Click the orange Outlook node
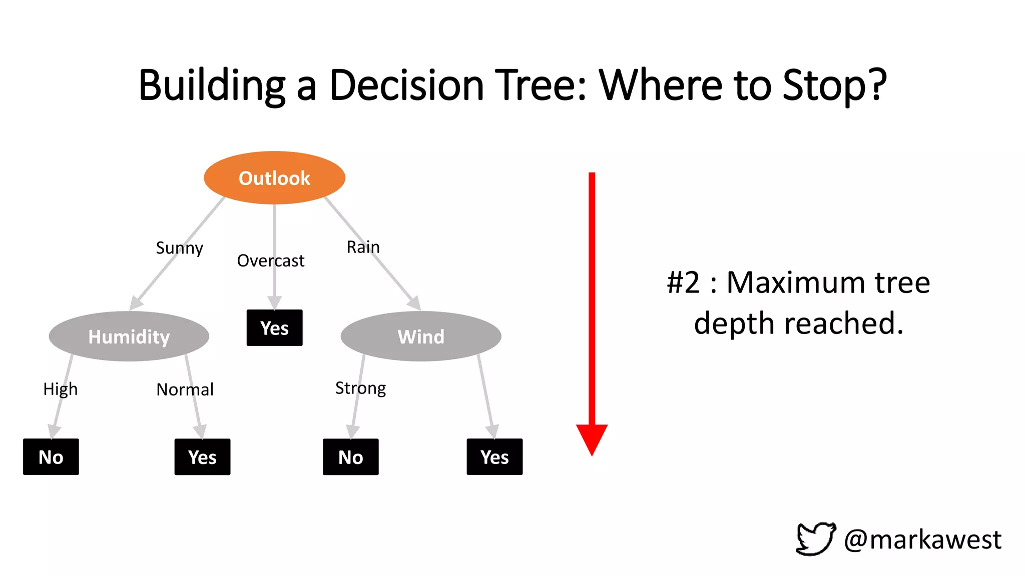point(274,178)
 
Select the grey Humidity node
point(129,336)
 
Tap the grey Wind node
point(421,336)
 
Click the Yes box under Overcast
point(274,328)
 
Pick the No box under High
point(51,457)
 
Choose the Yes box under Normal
point(202,457)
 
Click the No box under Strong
point(350,457)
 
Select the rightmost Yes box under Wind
point(494,457)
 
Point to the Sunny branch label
point(179,248)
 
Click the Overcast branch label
point(270,260)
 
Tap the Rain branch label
point(363,247)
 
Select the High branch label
point(60,389)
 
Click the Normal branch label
point(185,389)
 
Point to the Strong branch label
point(360,388)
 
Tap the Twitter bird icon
point(816,539)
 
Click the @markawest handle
point(922,539)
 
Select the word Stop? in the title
point(834,85)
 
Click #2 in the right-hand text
point(683,282)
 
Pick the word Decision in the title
point(406,85)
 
